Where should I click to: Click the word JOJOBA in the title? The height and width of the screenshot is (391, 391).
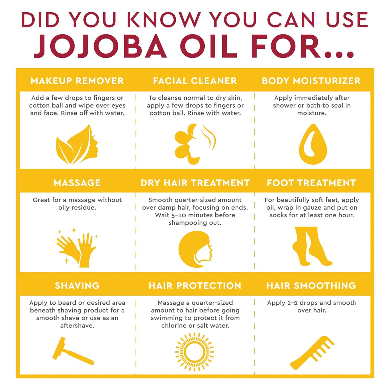(x=100, y=46)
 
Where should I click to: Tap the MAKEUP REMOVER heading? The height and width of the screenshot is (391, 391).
(x=77, y=81)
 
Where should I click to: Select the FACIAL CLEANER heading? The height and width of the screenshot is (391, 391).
(x=195, y=81)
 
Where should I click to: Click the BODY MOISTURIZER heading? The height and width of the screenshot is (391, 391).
(x=311, y=81)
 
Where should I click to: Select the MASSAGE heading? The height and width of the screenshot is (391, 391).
(x=77, y=183)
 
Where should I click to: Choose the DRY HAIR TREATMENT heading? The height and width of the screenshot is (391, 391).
(x=195, y=183)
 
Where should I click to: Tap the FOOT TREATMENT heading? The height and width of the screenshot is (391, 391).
(x=311, y=183)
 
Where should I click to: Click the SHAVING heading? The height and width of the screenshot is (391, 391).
(x=77, y=285)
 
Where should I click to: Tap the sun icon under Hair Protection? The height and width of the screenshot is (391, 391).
(x=194, y=352)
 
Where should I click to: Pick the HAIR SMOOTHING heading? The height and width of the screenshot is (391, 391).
(x=311, y=285)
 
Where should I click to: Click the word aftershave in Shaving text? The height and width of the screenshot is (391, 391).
(x=77, y=326)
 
